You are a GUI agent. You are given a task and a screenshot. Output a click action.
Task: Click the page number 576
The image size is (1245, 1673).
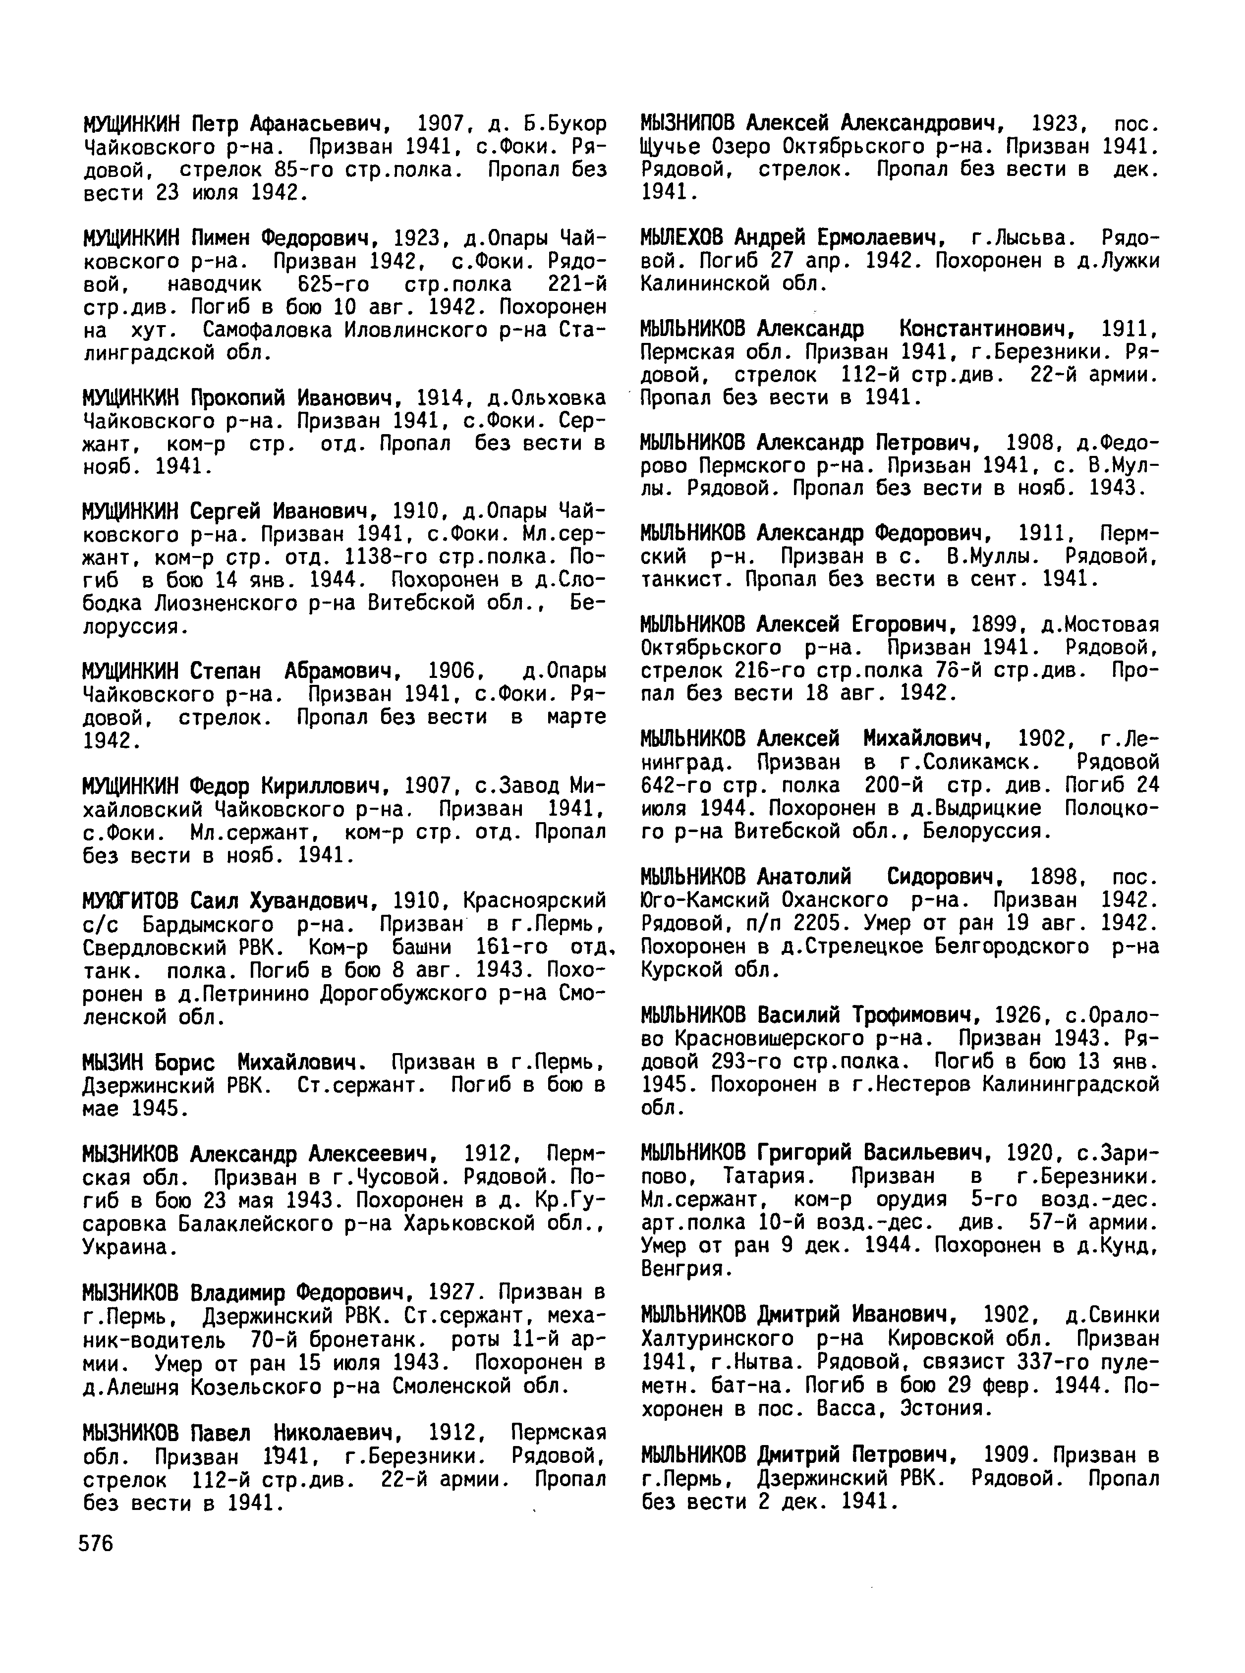[x=96, y=1543]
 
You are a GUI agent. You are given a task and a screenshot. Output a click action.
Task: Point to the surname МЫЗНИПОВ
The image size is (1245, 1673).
[x=687, y=123]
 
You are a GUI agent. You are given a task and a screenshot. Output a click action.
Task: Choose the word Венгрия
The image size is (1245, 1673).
[x=686, y=1269]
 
